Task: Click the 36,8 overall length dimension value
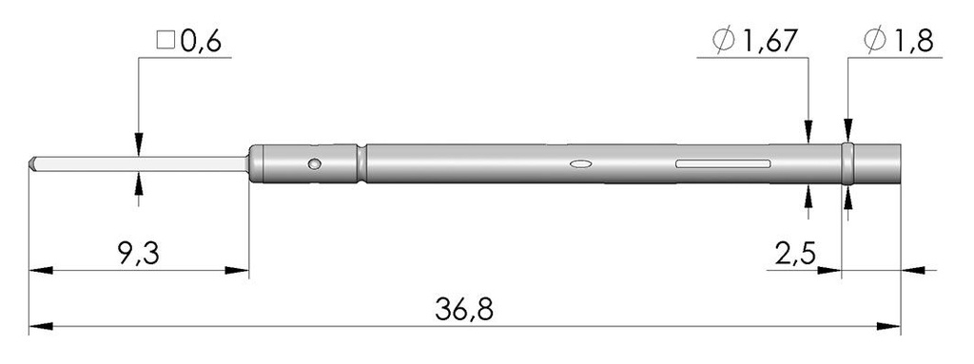click(466, 309)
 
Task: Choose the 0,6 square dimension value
click(202, 41)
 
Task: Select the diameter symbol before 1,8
click(875, 41)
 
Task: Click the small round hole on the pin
click(314, 165)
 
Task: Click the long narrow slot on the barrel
click(722, 164)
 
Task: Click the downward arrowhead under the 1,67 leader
click(808, 134)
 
